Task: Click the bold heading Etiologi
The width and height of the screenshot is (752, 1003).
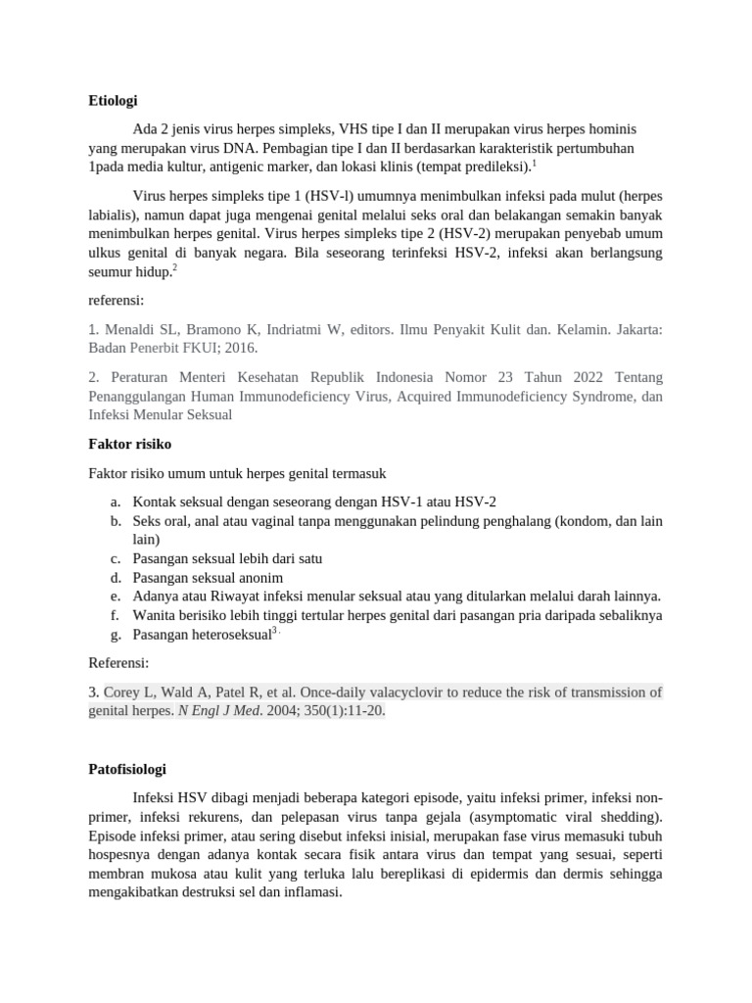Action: pyautogui.click(x=113, y=101)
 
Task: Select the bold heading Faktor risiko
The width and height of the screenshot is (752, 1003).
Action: pyautogui.click(x=129, y=444)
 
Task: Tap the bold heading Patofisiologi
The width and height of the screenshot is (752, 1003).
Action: pyautogui.click(x=132, y=769)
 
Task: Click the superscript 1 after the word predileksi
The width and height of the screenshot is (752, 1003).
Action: pyautogui.click(x=534, y=163)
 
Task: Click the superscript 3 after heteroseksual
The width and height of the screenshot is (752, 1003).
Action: pyautogui.click(x=275, y=632)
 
